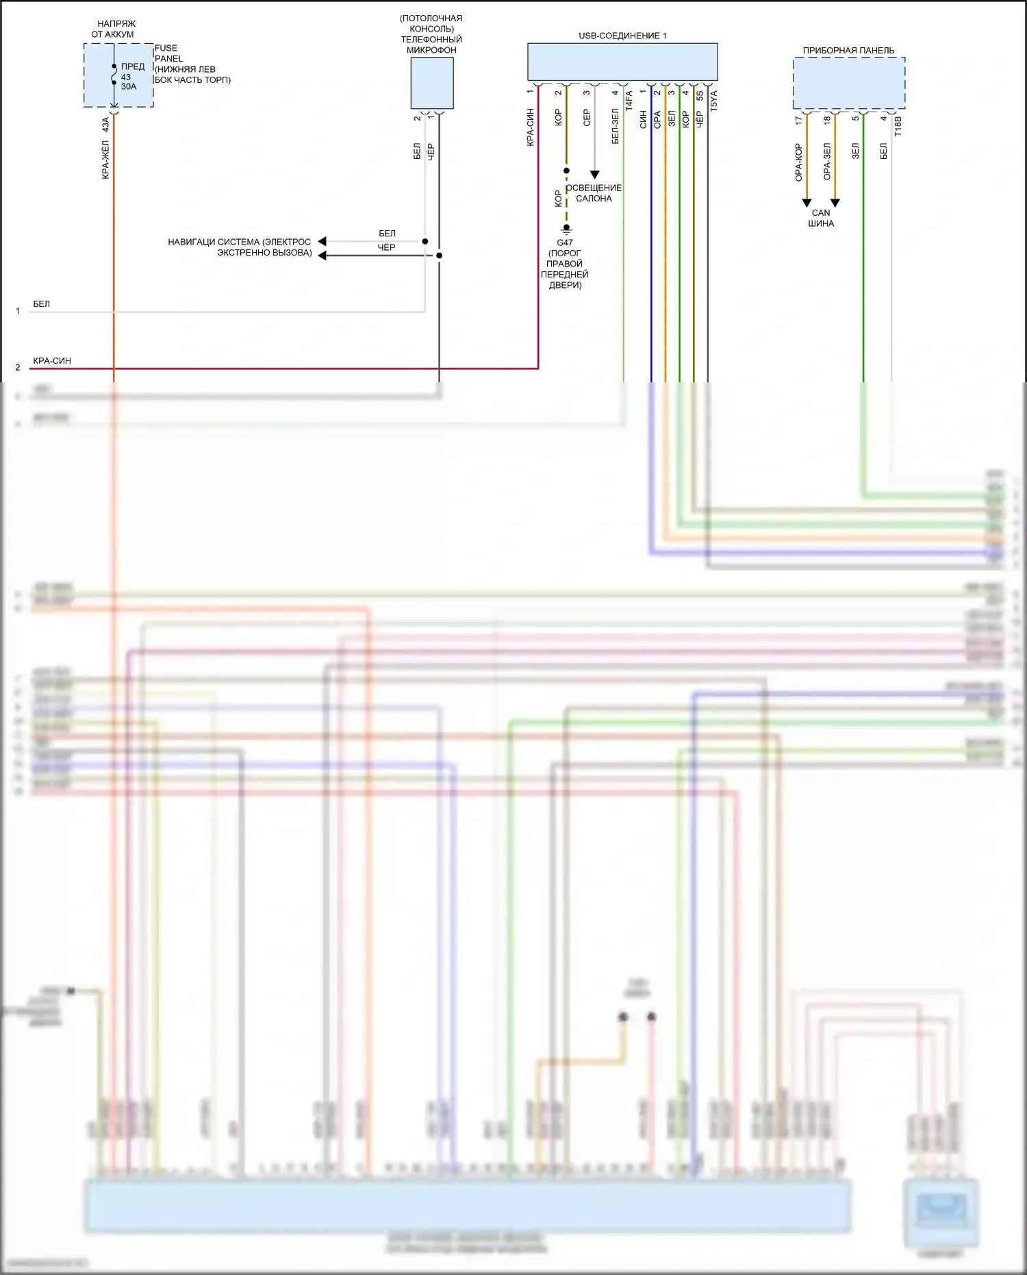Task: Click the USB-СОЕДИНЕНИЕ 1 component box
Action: click(622, 62)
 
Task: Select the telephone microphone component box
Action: click(431, 83)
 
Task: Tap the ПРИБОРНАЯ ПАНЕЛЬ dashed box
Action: click(848, 83)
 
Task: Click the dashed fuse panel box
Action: click(118, 75)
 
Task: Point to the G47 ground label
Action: click(565, 243)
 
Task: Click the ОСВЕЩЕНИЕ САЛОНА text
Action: click(594, 193)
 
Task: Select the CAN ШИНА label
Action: click(821, 218)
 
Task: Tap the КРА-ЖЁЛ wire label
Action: click(105, 160)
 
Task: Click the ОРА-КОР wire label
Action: click(798, 162)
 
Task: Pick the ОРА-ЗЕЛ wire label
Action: click(827, 162)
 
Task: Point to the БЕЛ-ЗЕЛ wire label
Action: click(615, 126)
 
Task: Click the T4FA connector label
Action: click(629, 101)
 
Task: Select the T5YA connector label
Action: click(713, 101)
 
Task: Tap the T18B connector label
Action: click(898, 126)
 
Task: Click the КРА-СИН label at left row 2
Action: click(52, 361)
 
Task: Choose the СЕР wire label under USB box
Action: click(586, 118)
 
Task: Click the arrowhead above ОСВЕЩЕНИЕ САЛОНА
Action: click(594, 175)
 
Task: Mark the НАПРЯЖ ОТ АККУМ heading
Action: click(113, 29)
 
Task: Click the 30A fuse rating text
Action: click(129, 87)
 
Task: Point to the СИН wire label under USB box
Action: click(643, 119)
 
